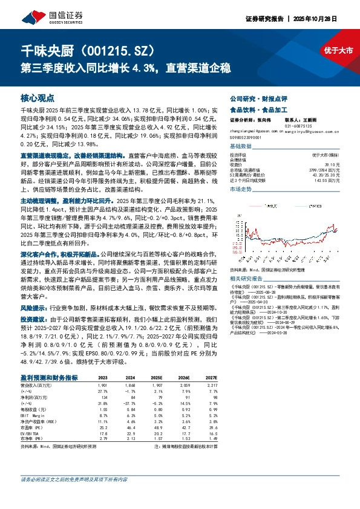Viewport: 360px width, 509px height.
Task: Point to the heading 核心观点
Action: (37, 97)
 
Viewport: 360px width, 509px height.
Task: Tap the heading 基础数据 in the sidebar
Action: (241, 147)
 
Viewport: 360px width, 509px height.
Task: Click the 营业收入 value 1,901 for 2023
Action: (103, 385)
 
